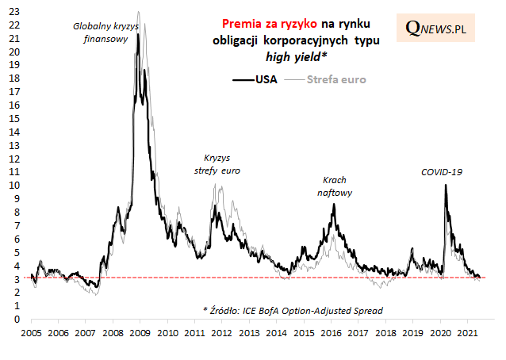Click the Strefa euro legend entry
328,79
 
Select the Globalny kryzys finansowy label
105,32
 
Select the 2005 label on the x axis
31,333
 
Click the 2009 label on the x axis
140,333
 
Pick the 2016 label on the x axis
331,333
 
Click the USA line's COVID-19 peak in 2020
446,185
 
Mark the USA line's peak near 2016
334,205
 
